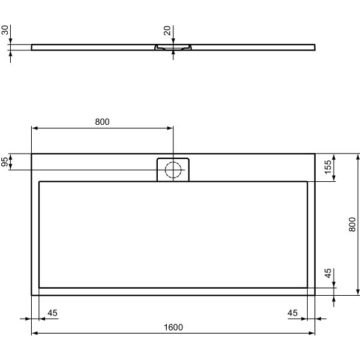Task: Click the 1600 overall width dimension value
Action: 173,327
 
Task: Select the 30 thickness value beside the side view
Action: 5,30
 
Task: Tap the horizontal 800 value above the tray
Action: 103,122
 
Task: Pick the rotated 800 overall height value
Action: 353,224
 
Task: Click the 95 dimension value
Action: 5,162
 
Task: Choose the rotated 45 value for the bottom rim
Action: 328,273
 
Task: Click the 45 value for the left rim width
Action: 52,313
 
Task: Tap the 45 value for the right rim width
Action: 292,313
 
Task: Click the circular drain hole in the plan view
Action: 173,170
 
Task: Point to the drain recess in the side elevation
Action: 173,46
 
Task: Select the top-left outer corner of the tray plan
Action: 31,154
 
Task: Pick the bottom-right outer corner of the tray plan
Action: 314,295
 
